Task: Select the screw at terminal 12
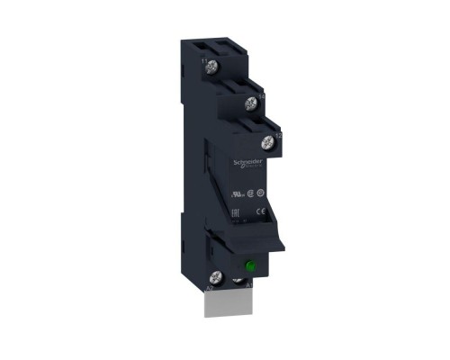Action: point(266,141)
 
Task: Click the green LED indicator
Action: point(250,266)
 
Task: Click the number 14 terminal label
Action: point(261,95)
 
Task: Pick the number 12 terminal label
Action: point(279,135)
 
